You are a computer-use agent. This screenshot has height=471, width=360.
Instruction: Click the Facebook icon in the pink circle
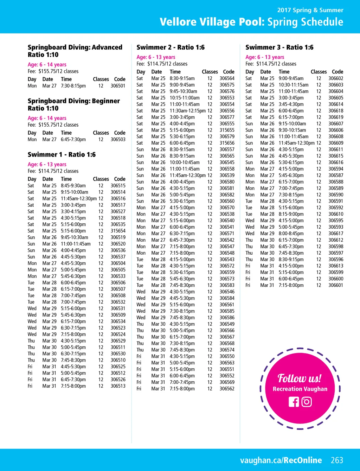pyautogui.click(x=294, y=402)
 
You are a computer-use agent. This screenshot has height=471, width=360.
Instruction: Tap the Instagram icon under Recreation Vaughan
pyautogui.click(x=307, y=402)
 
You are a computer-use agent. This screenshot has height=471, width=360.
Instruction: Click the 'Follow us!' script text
pyautogui.click(x=300, y=378)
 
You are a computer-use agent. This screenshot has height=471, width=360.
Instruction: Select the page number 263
pyautogui.click(x=337, y=460)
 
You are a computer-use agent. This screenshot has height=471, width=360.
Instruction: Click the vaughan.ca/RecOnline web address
pyautogui.click(x=281, y=460)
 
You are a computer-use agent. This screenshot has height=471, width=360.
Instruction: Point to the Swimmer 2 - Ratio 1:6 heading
pyautogui.click(x=171, y=47)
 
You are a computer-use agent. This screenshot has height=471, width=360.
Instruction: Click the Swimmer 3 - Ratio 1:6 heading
pyautogui.click(x=279, y=47)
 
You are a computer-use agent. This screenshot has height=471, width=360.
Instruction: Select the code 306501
pyautogui.click(x=118, y=86)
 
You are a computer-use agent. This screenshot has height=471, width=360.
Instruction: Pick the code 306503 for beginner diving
pyautogui.click(x=118, y=140)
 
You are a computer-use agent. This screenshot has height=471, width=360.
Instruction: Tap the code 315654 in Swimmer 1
pyautogui.click(x=118, y=231)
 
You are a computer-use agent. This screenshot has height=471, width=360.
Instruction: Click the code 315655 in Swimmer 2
pyautogui.click(x=227, y=130)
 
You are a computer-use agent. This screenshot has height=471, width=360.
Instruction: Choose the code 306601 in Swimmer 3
pyautogui.click(x=336, y=285)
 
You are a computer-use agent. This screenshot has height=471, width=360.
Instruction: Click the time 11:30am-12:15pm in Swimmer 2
pyautogui.click(x=188, y=111)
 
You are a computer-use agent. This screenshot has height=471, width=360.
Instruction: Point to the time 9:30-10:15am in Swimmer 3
pyautogui.click(x=292, y=130)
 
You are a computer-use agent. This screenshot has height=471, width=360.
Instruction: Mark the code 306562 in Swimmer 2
pyautogui.click(x=227, y=389)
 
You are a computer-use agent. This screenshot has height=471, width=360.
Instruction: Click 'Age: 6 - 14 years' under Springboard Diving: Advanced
pyautogui.click(x=47, y=65)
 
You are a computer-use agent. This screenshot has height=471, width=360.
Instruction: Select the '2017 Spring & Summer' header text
pyautogui.click(x=310, y=10)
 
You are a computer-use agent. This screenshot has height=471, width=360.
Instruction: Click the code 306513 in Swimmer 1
pyautogui.click(x=118, y=386)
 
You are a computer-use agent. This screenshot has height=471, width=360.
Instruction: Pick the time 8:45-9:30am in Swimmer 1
pyautogui.click(x=73, y=186)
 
